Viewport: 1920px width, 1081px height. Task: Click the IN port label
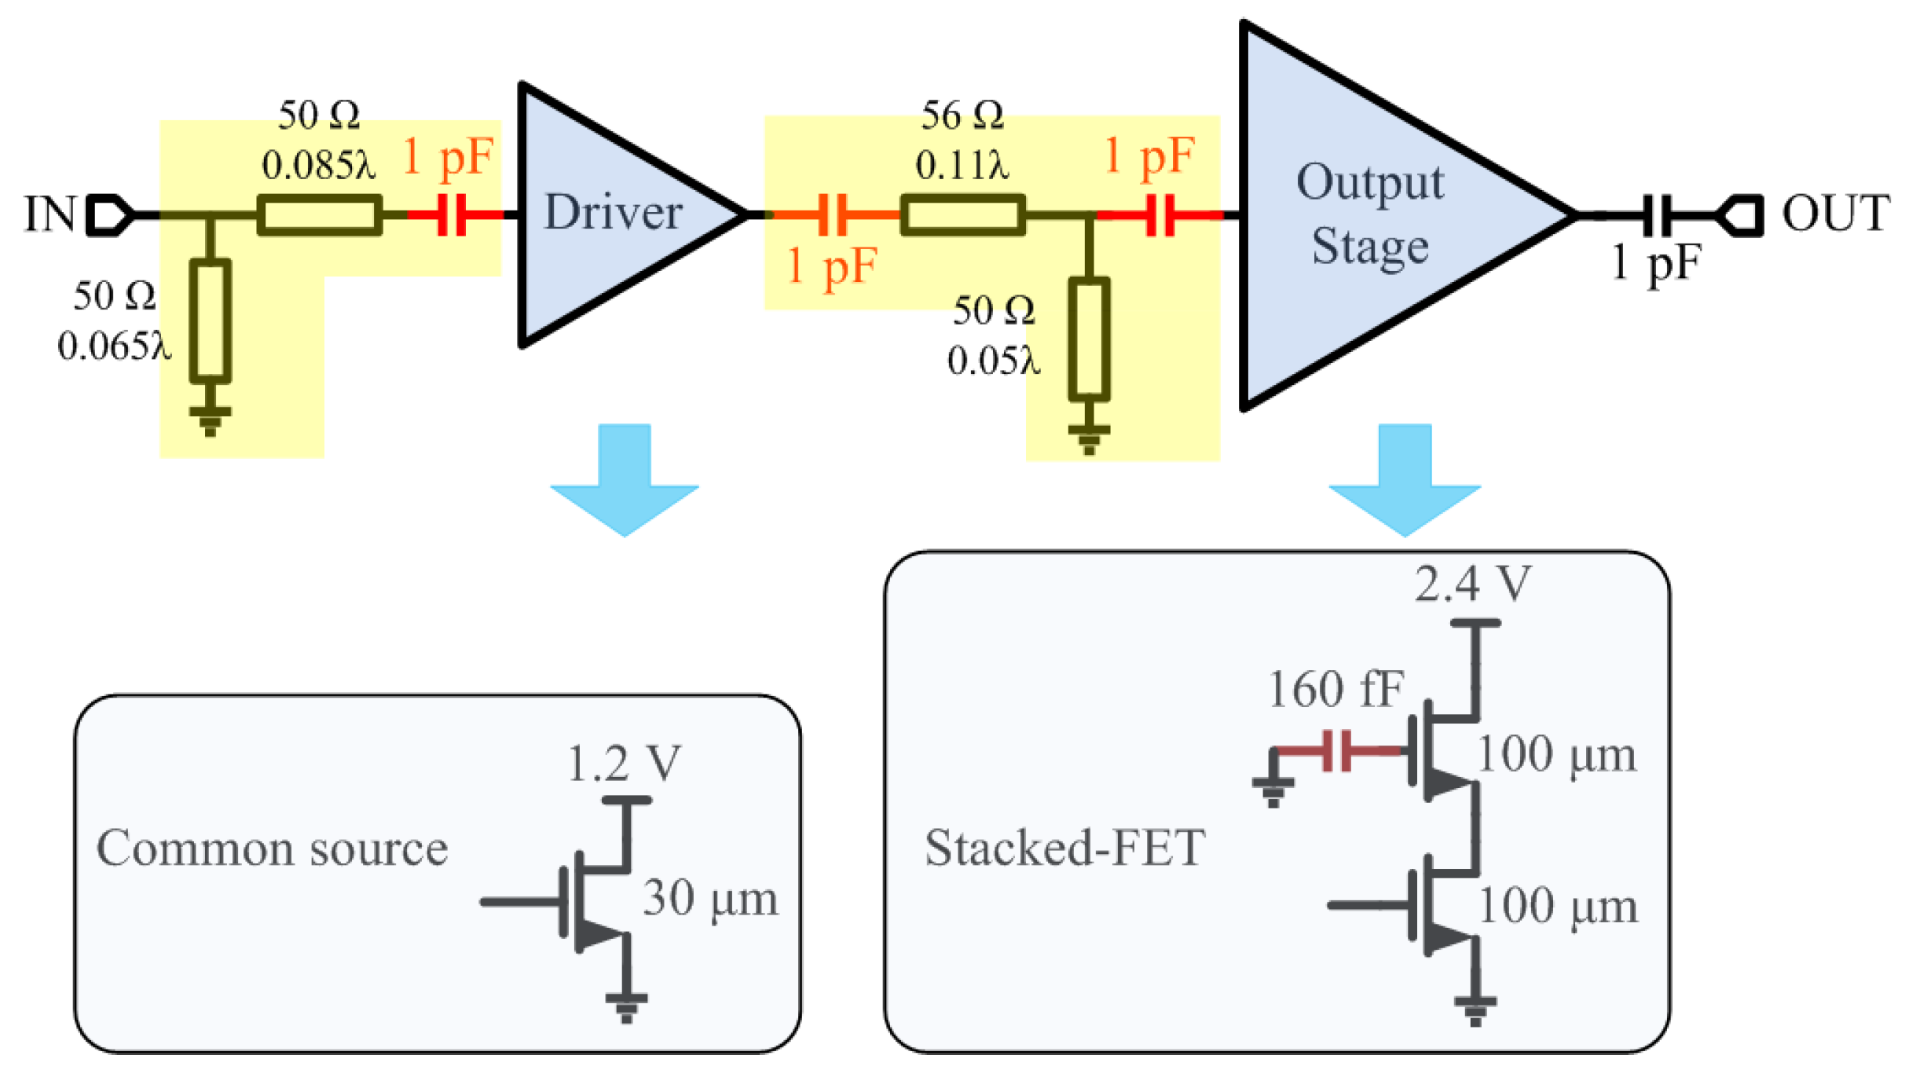click(49, 214)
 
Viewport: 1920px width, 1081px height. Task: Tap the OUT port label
click(1835, 213)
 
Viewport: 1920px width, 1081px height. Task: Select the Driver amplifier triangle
click(613, 213)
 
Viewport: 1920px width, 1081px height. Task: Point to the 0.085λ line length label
click(318, 165)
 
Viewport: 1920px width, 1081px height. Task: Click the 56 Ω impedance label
click(962, 115)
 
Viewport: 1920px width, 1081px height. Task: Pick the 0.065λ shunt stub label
click(114, 346)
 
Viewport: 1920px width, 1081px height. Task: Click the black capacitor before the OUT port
click(1658, 214)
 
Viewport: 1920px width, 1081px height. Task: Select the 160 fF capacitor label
click(1336, 689)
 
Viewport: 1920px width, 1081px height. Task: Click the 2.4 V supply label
click(1473, 584)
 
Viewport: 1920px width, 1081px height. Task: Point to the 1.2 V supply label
click(625, 763)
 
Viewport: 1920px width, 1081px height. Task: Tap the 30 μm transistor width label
click(710, 898)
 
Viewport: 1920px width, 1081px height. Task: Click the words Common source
click(272, 848)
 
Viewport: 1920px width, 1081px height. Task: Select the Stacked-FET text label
click(1064, 848)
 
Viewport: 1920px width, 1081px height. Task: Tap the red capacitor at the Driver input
click(452, 214)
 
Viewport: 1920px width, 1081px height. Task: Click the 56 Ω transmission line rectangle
click(962, 214)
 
